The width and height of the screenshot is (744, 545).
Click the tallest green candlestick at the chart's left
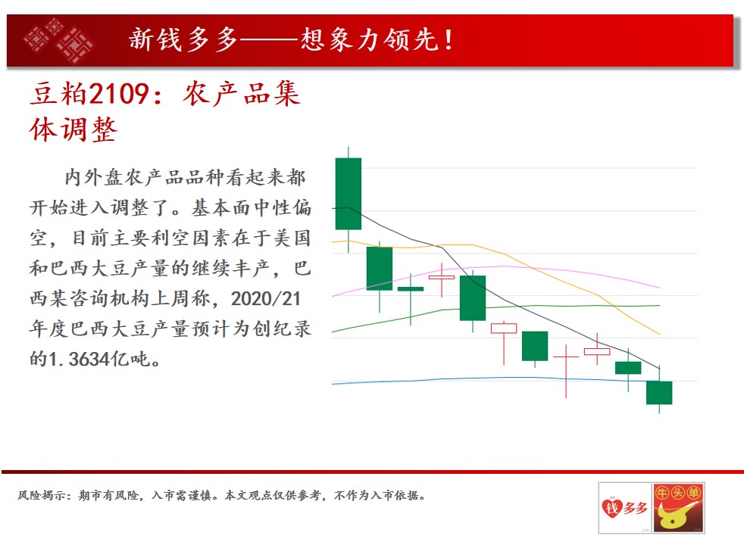tap(349, 194)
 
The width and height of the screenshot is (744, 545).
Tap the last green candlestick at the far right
tap(659, 392)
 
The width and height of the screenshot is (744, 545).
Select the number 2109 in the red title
tap(120, 93)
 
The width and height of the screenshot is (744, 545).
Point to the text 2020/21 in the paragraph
tap(266, 298)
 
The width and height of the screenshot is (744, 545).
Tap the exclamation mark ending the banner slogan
tap(448, 40)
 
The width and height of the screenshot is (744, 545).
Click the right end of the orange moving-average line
tap(660, 334)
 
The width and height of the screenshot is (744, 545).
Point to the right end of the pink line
tap(660, 288)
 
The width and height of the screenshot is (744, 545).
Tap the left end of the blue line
tap(332, 384)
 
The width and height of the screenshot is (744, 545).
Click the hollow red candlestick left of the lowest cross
tap(504, 328)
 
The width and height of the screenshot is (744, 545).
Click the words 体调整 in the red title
tap(73, 129)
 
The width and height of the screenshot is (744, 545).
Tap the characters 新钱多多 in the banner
tap(183, 39)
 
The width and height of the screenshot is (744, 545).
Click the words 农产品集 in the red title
tap(242, 93)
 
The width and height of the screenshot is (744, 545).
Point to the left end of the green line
tap(332, 332)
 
